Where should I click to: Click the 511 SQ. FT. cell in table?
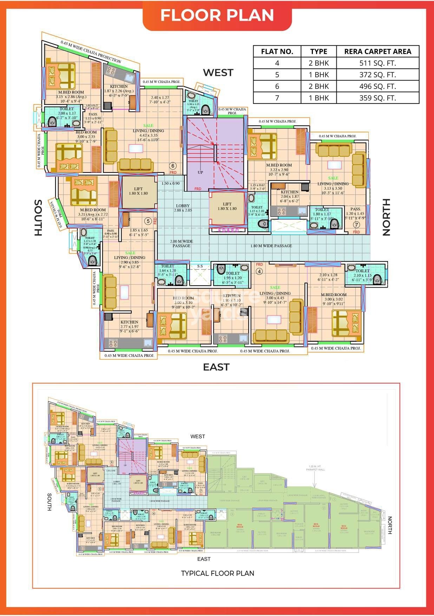377,63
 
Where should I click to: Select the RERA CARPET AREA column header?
377,51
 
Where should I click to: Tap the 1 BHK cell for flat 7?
318,98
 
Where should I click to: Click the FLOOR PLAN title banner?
217,15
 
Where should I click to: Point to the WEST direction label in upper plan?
218,72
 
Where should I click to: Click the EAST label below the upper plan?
216,367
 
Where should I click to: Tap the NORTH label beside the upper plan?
386,217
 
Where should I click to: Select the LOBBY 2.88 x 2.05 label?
183,208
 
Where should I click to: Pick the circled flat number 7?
357,225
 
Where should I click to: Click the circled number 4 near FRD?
259,271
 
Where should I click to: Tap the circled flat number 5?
148,221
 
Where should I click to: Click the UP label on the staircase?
200,172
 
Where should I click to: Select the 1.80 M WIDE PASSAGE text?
271,246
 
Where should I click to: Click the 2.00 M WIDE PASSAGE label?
181,243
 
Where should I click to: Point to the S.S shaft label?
200,266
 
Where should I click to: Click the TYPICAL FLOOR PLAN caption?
217,573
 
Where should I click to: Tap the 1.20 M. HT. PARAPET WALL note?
316,468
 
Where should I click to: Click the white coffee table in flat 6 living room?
136,149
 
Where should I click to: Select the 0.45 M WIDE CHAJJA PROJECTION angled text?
91,52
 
